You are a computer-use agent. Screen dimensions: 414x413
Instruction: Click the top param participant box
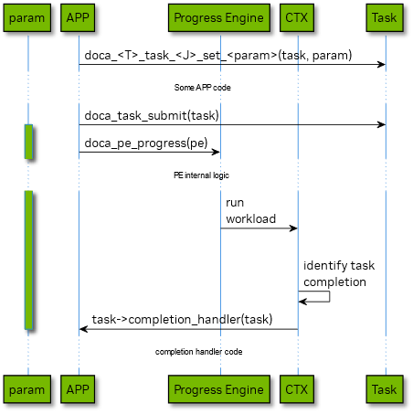tap(26, 17)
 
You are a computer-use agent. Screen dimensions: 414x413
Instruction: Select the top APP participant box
tap(79, 17)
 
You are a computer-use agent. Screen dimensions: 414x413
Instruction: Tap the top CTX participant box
tap(297, 17)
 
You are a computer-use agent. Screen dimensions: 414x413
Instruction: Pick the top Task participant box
tap(385, 17)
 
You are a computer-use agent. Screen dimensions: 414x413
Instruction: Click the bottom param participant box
tap(26, 389)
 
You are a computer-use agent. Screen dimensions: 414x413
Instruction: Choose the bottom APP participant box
tap(79, 389)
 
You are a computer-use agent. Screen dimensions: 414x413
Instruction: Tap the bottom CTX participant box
tap(297, 389)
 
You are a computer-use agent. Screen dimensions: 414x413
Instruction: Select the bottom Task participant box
tap(385, 389)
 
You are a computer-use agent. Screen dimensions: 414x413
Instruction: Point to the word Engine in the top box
tap(245, 17)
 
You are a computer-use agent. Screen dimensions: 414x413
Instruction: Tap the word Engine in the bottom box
tap(245, 389)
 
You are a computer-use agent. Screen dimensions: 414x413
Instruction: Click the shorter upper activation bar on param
tap(28, 141)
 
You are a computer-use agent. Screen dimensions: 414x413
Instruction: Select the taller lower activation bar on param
tap(28, 260)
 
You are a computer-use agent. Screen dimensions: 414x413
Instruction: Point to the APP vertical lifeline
tap(79, 228)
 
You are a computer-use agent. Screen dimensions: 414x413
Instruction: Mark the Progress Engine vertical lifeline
tap(220, 228)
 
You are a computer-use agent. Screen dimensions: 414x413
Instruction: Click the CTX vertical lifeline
tap(297, 228)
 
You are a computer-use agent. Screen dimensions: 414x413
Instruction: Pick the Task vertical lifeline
tap(385, 228)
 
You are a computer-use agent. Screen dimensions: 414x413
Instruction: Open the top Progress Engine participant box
tap(219, 17)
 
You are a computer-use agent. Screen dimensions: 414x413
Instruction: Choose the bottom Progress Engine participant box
tap(219, 389)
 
